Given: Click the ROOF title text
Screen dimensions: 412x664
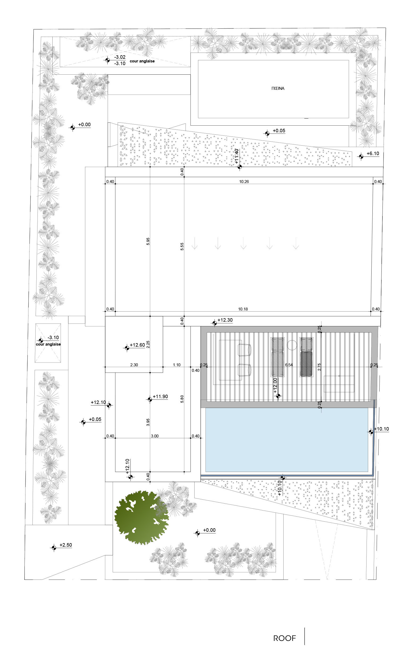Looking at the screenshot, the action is [x=284, y=639].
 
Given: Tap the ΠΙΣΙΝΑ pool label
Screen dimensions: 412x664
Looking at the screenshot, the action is [x=278, y=88].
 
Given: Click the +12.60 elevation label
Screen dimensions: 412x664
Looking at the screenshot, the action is [x=137, y=345].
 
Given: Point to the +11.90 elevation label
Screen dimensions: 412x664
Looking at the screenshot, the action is [x=160, y=396].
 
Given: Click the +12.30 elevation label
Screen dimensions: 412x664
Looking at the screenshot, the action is [x=225, y=320].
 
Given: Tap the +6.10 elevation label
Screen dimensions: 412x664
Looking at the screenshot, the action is [x=373, y=154].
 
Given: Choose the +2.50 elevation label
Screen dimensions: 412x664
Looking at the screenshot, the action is [x=66, y=545].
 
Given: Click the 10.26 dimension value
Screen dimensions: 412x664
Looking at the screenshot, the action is [x=244, y=182].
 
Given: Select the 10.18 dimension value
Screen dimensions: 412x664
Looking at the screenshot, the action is [x=243, y=309].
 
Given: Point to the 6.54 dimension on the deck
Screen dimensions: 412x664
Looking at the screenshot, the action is [x=289, y=365].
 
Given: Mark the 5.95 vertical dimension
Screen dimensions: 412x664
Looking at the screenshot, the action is [x=148, y=241].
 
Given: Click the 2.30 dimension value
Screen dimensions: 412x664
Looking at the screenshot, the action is [x=134, y=365].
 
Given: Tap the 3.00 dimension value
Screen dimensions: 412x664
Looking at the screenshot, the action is [x=154, y=436].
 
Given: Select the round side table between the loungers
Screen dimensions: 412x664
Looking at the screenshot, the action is [x=292, y=345].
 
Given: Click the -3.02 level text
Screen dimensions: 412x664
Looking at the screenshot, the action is [x=120, y=57].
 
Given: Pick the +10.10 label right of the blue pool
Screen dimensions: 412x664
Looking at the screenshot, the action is [x=381, y=429].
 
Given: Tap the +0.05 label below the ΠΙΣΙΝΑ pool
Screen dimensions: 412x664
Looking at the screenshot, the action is [x=279, y=131].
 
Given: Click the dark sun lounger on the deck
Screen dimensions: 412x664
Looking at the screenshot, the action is [x=306, y=363].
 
